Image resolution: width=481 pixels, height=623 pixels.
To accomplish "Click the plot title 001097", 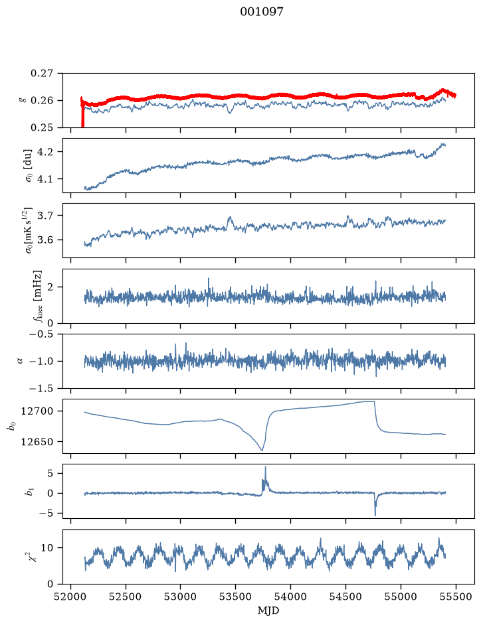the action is [262, 12].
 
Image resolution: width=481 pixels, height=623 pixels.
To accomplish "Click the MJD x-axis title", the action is [268, 610].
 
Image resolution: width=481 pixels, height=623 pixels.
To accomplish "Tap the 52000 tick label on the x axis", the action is [71, 597].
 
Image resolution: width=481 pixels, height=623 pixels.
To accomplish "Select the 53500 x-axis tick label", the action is [236, 597].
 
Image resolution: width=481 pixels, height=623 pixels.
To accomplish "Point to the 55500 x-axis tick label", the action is [456, 597].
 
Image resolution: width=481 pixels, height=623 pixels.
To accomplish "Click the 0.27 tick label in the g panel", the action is [42, 74].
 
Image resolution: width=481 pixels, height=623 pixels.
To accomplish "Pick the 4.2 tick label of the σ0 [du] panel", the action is [46, 152].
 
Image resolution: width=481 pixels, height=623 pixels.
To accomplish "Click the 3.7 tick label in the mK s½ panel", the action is [46, 216].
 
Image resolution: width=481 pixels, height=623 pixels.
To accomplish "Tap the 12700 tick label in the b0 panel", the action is [37, 411].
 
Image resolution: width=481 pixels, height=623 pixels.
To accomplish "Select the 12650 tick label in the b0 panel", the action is [37, 441].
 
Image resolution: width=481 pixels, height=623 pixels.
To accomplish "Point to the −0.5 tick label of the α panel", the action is [41, 334].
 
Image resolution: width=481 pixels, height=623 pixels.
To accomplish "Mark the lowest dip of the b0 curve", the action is [262, 450].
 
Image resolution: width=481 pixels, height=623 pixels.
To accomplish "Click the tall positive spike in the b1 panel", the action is [265, 468].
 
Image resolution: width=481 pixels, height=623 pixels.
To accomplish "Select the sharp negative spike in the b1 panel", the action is [375, 515].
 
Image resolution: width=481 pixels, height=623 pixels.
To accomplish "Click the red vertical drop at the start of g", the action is [82, 113].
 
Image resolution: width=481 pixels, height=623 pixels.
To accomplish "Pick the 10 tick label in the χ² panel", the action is [48, 547].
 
